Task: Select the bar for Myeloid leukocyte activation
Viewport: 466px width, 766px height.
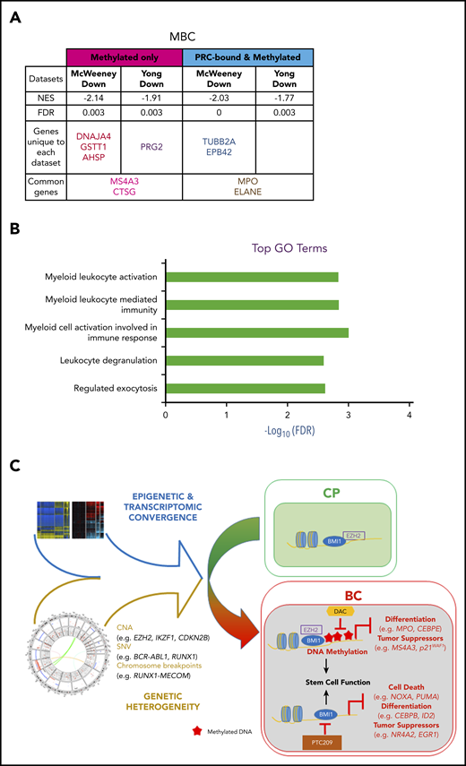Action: click(252, 277)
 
